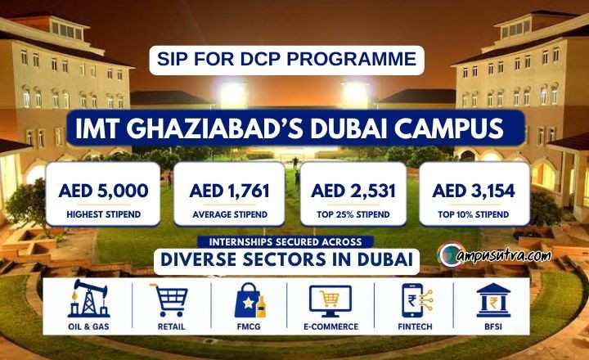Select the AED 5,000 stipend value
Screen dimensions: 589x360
click(x=103, y=191)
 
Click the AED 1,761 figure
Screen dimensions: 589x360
click(x=230, y=191)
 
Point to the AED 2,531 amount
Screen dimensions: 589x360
click(x=353, y=191)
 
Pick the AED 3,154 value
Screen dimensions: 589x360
click(x=474, y=191)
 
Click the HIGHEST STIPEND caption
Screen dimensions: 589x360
click(x=104, y=214)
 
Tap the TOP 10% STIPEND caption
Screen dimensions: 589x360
click(x=474, y=214)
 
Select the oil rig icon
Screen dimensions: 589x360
click(x=89, y=299)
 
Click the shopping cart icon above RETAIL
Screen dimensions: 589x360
click(x=170, y=300)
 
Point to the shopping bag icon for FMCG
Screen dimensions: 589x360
click(x=250, y=300)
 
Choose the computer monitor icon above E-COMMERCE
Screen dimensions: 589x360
click(x=330, y=301)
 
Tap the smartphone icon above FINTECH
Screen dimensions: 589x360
click(x=416, y=300)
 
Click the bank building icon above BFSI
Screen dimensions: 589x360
click(x=493, y=300)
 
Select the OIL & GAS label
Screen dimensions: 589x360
click(x=88, y=326)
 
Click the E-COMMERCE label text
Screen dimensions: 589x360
click(x=331, y=326)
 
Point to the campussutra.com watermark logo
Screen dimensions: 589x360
click(x=494, y=254)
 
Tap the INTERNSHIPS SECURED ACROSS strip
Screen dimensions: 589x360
click(x=286, y=241)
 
